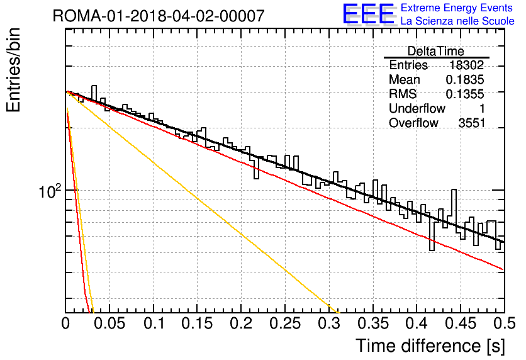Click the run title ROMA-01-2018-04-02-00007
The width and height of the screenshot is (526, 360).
159,16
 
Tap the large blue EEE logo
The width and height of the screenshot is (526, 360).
368,14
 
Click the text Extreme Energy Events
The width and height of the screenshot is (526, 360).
457,8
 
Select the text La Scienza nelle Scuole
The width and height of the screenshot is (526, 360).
457,21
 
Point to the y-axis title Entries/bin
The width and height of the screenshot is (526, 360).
13,70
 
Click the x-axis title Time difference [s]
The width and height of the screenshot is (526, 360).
430,346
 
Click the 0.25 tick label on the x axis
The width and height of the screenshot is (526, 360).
285,323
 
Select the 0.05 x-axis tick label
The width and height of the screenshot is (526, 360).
109,323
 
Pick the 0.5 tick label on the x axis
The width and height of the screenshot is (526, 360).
504,323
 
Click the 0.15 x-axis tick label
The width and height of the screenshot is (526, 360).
198,323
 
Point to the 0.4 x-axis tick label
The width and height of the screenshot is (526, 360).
417,323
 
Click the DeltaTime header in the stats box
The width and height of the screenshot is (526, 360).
436,52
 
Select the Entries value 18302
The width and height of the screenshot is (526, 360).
467,65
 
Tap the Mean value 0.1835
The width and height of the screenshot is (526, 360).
465,79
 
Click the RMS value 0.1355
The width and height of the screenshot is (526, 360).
465,94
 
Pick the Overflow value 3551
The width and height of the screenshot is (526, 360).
472,123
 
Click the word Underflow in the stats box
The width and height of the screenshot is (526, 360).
417,108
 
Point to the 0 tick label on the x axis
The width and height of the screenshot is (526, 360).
65,323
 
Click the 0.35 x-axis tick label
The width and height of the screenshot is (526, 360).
373,323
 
